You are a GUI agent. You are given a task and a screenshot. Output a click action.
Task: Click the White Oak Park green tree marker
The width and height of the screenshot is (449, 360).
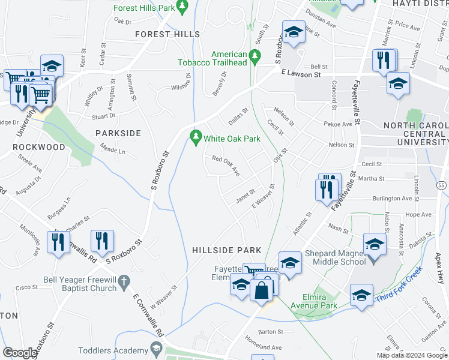[x=195, y=138]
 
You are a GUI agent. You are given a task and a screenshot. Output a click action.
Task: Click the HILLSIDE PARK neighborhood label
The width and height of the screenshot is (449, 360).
[x=226, y=250]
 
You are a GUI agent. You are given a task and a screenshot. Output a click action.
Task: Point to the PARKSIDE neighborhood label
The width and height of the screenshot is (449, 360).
[x=118, y=133]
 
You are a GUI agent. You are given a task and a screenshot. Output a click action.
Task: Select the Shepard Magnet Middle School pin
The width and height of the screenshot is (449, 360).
[x=374, y=246]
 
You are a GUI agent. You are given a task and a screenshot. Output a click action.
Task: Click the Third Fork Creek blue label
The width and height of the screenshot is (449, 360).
[x=399, y=284]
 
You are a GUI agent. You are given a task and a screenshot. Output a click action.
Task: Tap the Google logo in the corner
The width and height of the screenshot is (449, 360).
[x=20, y=353]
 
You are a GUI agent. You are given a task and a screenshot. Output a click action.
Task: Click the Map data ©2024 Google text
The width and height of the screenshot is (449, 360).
[x=411, y=355]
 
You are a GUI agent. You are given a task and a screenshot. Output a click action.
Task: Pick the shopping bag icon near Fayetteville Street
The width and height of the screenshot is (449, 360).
[x=262, y=290]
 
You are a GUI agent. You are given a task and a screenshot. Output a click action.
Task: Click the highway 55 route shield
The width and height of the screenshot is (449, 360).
[x=441, y=186]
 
